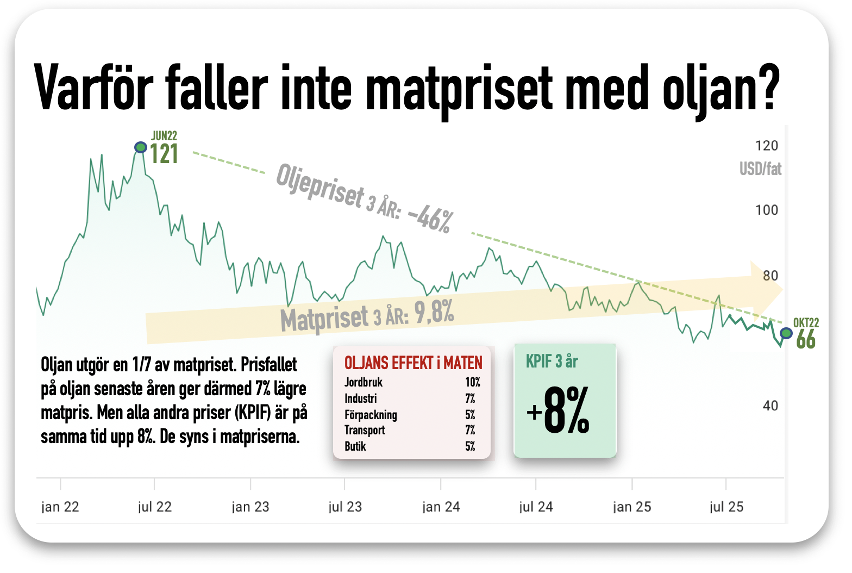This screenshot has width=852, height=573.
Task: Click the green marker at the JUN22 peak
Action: point(141,147)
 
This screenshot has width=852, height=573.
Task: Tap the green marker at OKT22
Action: point(786,333)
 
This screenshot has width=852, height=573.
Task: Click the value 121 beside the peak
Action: point(164,154)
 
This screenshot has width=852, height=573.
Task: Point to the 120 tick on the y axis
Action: point(766,146)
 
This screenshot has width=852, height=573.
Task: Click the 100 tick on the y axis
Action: point(766,210)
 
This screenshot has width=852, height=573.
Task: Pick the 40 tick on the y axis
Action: point(770,406)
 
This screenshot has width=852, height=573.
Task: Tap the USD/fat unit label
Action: point(760,169)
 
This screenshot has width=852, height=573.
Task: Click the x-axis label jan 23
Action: point(250,507)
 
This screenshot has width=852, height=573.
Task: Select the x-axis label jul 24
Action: point(536,507)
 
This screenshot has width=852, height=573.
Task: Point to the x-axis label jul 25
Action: point(726,507)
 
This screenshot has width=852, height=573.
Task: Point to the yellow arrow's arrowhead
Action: point(766,289)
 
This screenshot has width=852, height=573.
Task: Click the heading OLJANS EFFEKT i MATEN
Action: point(413,363)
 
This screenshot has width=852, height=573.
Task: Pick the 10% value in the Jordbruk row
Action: point(472,382)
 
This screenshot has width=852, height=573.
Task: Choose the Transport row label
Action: point(364,430)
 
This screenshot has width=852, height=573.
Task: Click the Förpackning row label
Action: point(371,415)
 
